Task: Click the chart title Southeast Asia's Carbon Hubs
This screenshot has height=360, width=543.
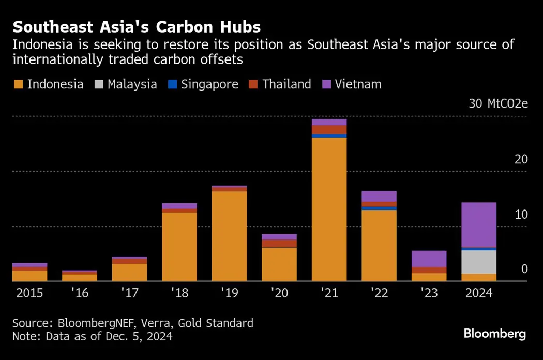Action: click(137, 26)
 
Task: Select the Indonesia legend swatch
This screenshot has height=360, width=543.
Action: click(18, 84)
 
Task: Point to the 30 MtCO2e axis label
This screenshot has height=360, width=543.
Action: click(498, 103)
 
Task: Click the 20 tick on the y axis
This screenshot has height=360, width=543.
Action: click(521, 159)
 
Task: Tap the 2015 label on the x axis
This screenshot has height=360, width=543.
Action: click(29, 294)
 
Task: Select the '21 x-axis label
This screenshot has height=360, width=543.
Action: click(329, 294)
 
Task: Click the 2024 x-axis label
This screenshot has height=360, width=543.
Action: click(479, 294)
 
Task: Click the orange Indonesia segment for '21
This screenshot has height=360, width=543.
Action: click(329, 209)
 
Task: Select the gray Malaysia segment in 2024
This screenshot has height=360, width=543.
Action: click(479, 262)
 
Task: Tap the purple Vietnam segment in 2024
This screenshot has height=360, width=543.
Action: click(479, 224)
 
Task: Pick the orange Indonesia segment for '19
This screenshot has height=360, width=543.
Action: click(229, 236)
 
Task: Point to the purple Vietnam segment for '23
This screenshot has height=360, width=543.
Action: click(429, 259)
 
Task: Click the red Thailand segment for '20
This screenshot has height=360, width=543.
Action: click(279, 243)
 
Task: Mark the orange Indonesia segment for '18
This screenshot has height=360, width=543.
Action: click(179, 247)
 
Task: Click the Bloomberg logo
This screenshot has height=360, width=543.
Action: click(494, 334)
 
